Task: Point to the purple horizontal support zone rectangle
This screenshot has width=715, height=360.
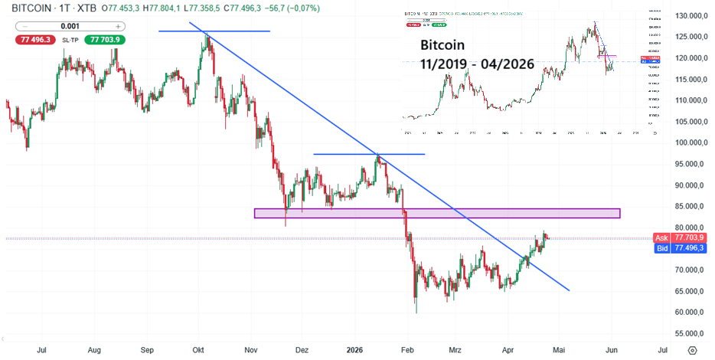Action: coord(436,213)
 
